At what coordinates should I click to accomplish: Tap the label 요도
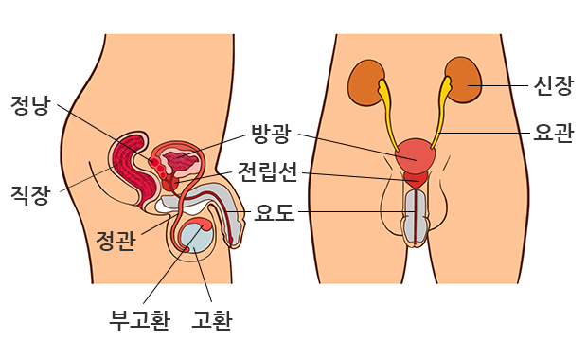[x=275, y=213]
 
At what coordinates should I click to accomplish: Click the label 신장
[x=554, y=86]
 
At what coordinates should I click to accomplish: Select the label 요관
[x=554, y=134]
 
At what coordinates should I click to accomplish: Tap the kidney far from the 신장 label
[x=365, y=83]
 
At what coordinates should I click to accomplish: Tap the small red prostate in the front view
[x=415, y=179]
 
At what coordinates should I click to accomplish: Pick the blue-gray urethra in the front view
[x=415, y=216]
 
